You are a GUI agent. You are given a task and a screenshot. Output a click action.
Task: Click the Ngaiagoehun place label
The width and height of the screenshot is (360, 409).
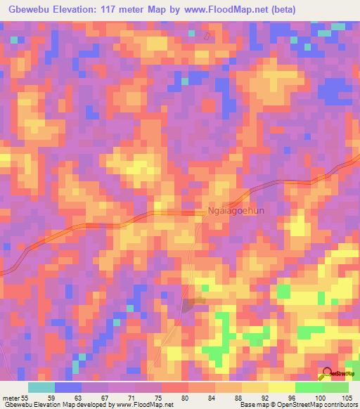(x=239, y=210)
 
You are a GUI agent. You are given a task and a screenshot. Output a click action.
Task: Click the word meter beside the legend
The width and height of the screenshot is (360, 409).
(x=11, y=397)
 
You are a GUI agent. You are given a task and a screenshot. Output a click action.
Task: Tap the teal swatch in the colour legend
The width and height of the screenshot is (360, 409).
(x=41, y=387)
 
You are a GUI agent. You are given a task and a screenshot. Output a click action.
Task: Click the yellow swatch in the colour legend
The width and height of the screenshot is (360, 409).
(x=255, y=387)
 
